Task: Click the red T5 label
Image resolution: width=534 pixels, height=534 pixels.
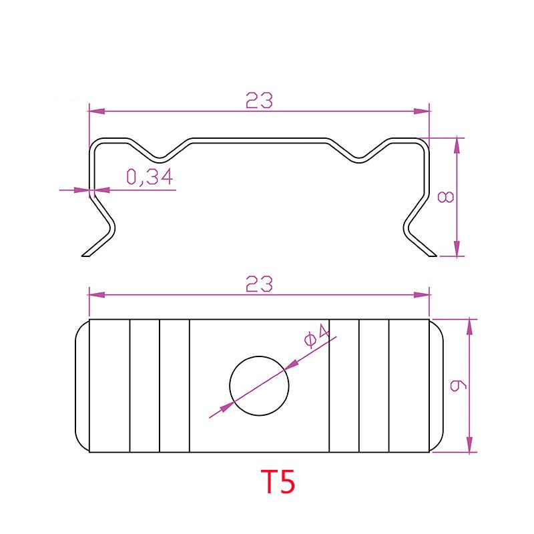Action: click(x=278, y=481)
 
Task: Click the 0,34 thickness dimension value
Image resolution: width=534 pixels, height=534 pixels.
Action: click(x=150, y=177)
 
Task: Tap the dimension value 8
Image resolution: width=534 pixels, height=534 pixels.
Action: click(x=446, y=197)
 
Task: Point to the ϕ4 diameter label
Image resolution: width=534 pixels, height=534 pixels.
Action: click(x=316, y=336)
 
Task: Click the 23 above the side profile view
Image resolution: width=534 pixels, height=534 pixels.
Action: click(x=259, y=99)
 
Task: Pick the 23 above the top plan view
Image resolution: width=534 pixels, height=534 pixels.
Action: click(x=259, y=284)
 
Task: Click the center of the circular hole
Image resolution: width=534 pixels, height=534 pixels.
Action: click(x=259, y=386)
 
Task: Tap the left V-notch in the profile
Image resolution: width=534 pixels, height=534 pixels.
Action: click(x=160, y=158)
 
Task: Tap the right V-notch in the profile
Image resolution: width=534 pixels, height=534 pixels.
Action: click(x=358, y=158)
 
